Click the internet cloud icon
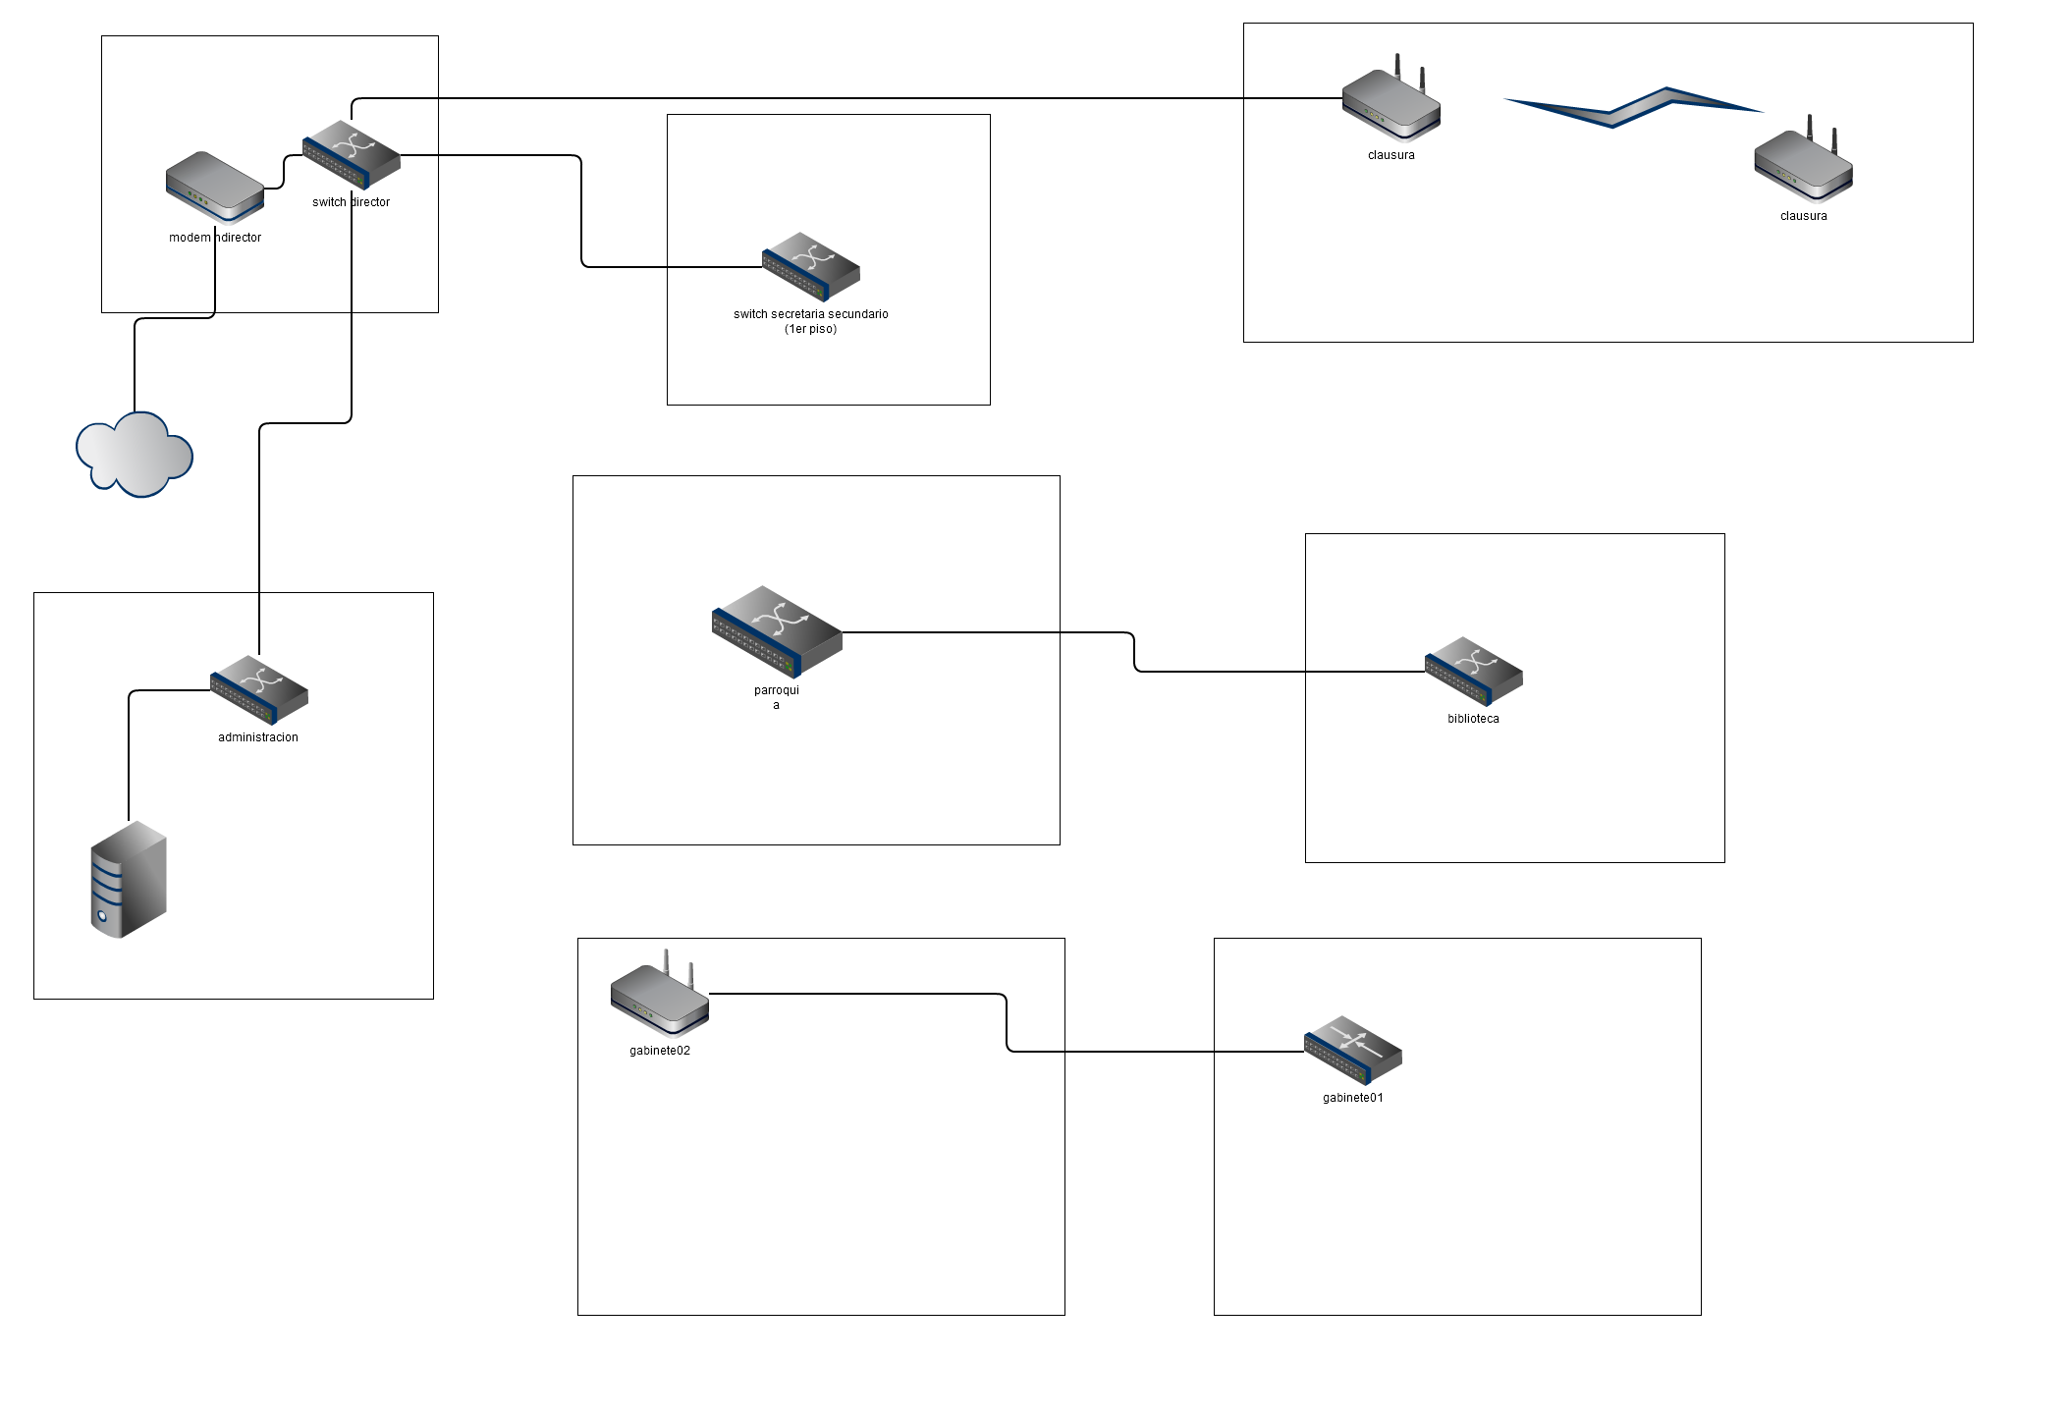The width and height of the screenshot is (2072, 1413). (135, 456)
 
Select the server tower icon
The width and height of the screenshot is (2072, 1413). (129, 880)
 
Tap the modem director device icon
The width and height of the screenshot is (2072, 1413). (215, 186)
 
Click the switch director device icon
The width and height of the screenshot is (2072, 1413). (352, 155)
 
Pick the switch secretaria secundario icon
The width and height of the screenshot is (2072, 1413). (811, 266)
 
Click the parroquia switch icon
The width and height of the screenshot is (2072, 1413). (777, 631)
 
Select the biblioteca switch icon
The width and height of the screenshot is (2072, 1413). (1473, 672)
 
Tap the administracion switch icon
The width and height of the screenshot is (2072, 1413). (259, 689)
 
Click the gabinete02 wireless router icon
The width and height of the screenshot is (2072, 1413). (660, 997)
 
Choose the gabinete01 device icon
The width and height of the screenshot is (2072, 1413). (1353, 1050)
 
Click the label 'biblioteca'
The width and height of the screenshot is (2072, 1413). (1473, 719)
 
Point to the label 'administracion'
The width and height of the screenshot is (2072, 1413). (258, 737)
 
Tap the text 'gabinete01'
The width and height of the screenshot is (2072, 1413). (1353, 1098)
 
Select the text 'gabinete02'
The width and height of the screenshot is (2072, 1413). (660, 1051)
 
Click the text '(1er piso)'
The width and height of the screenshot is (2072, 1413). (811, 329)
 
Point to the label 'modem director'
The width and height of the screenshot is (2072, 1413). (215, 238)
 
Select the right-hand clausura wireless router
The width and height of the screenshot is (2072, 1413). (1804, 165)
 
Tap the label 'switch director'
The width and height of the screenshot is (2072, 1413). (352, 202)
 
